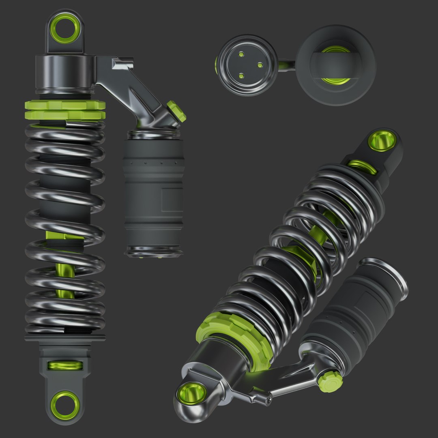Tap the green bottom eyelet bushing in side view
(x=65, y=405)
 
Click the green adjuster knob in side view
(x=176, y=112)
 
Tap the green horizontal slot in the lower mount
(x=65, y=365)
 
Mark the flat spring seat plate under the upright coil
(x=65, y=337)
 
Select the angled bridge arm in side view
(x=134, y=89)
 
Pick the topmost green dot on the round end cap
(x=241, y=54)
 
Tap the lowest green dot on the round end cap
(x=241, y=75)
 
